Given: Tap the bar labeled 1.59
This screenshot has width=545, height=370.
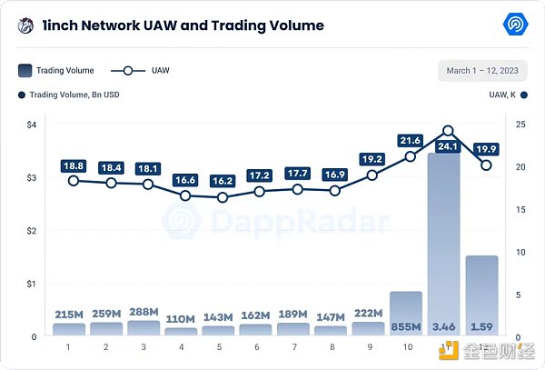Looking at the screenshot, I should pyautogui.click(x=482, y=295).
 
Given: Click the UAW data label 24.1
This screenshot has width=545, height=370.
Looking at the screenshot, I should pyautogui.click(x=447, y=146).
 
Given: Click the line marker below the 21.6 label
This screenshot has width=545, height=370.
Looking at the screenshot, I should pyautogui.click(x=410, y=156).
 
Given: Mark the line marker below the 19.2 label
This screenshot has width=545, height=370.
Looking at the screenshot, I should pyautogui.click(x=372, y=175).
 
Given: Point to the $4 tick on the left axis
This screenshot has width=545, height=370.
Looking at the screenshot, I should pyautogui.click(x=30, y=125).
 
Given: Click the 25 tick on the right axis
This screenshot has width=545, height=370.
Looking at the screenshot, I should pyautogui.click(x=518, y=125).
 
